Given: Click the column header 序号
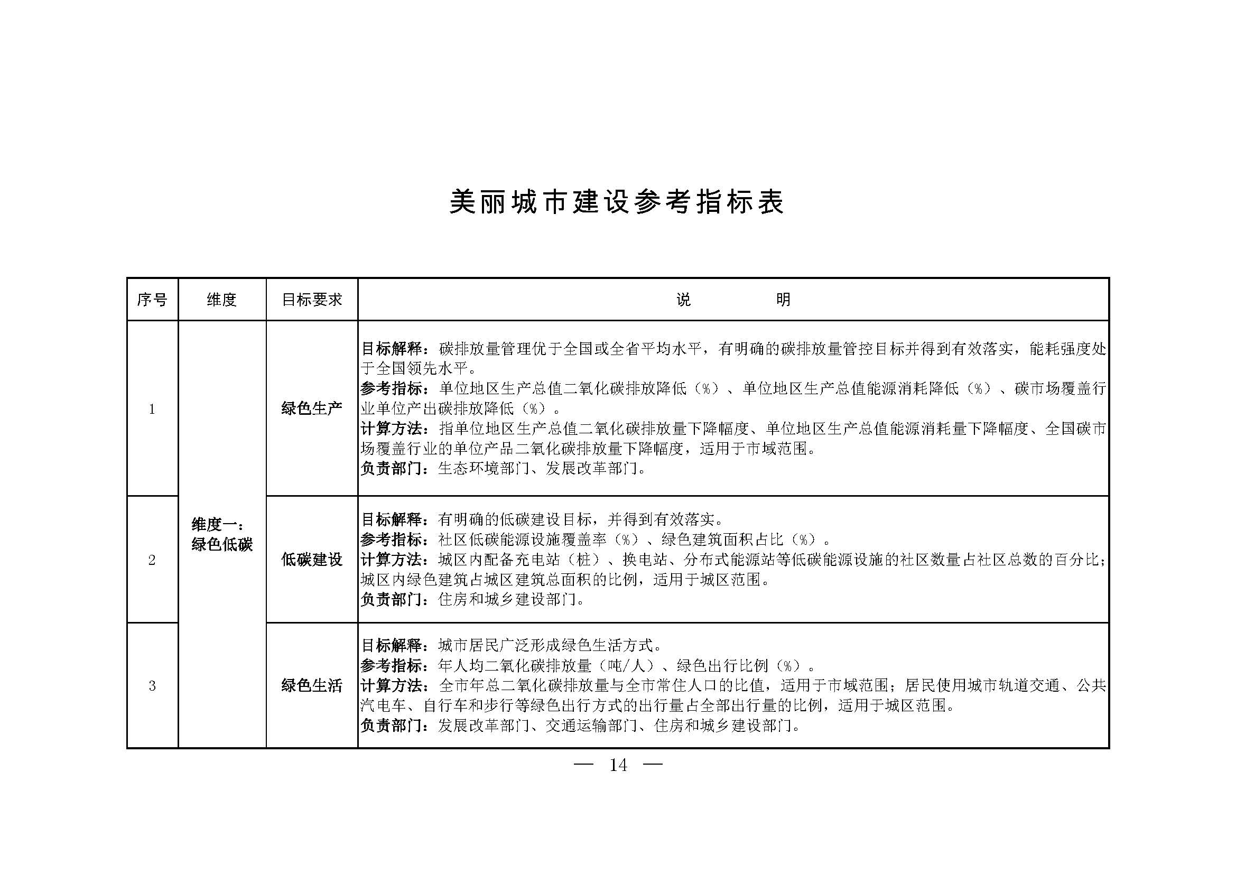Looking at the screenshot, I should [152, 300].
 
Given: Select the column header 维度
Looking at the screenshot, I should [222, 300].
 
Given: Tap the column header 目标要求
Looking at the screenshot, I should [312, 300].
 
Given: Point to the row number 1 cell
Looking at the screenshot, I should [152, 409].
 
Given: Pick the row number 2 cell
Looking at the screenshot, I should [152, 560].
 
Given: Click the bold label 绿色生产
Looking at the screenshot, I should [312, 408].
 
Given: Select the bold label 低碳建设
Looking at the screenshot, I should [312, 560].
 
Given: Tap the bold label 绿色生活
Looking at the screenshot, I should [312, 686].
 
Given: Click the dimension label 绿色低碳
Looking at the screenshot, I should [222, 545].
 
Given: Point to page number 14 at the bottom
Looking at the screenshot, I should [618, 765].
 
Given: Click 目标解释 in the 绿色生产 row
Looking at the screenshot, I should [392, 349].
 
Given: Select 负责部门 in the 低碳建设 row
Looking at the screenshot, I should [392, 600].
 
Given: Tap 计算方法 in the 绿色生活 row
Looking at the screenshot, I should [392, 686].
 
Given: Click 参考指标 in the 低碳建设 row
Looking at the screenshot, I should [392, 540].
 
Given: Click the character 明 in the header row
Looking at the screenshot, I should [783, 300].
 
